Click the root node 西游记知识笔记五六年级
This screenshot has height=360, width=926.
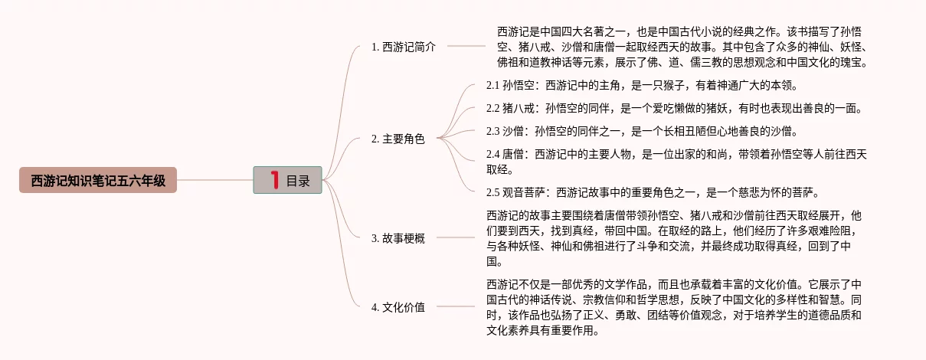[x=98, y=180]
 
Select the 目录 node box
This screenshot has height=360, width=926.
[x=287, y=180]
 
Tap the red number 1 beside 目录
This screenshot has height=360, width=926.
[x=273, y=180]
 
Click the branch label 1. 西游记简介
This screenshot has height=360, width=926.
[x=404, y=46]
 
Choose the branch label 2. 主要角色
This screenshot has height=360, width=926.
[x=398, y=139]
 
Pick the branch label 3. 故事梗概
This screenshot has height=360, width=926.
[x=398, y=237]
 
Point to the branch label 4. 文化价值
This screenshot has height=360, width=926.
[x=398, y=307]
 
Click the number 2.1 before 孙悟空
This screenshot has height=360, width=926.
[x=492, y=85]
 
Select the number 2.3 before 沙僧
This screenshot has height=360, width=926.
[x=492, y=130]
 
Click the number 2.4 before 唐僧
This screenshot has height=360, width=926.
[x=492, y=154]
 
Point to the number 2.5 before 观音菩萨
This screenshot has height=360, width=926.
[x=492, y=191]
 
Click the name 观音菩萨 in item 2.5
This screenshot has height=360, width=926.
[x=524, y=191]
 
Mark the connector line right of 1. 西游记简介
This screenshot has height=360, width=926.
[x=466, y=46]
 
